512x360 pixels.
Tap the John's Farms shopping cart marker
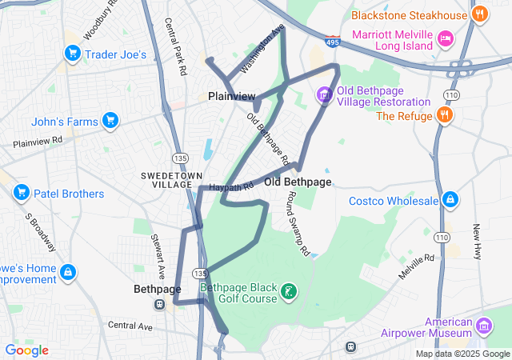click(x=110, y=122)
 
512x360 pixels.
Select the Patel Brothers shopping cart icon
click(x=22, y=194)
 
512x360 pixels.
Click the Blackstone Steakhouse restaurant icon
click(x=480, y=14)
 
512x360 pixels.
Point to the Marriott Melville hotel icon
click(x=446, y=38)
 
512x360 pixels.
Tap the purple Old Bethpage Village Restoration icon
click(x=324, y=95)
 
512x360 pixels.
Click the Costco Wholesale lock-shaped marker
click(x=450, y=199)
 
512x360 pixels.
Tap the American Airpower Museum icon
click(x=483, y=326)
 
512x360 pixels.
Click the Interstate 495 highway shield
click(x=332, y=37)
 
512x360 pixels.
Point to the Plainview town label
click(x=231, y=96)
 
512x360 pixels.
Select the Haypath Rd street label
click(x=231, y=186)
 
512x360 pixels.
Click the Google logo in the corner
click(x=26, y=350)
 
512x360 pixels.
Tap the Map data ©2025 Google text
click(x=462, y=354)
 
